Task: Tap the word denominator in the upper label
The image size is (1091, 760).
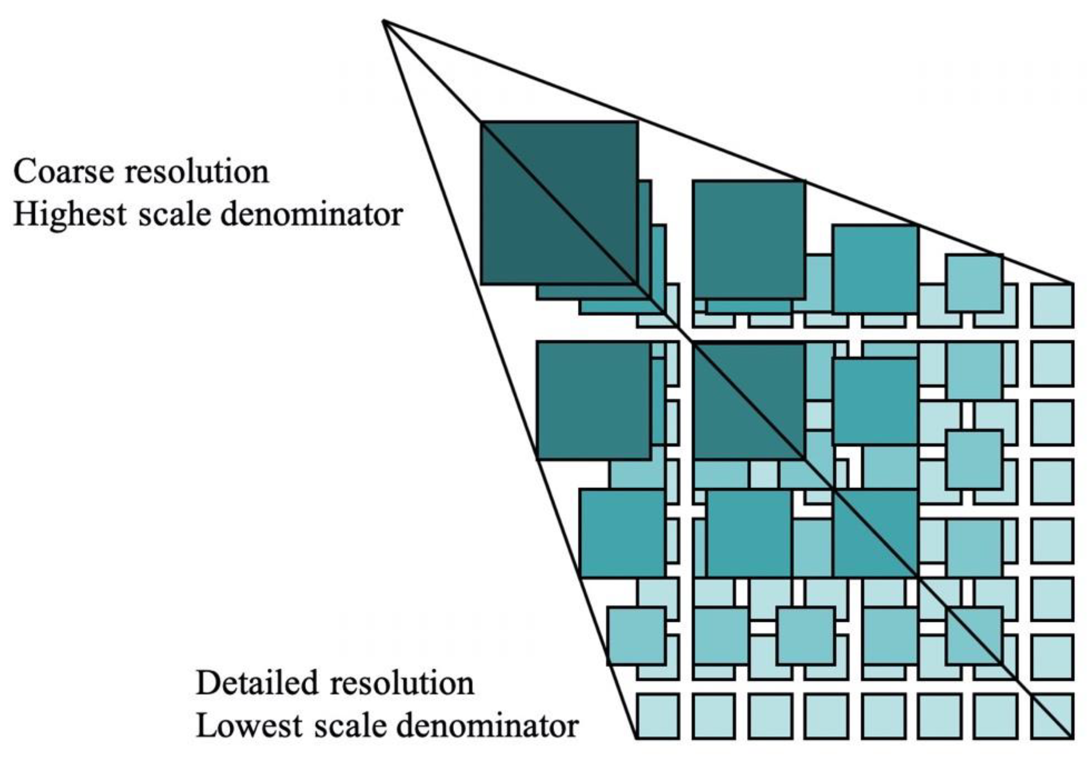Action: (x=312, y=215)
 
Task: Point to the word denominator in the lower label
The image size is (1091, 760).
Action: (x=487, y=726)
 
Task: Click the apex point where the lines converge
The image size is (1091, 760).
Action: (x=384, y=21)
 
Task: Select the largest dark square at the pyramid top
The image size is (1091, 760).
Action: (x=559, y=203)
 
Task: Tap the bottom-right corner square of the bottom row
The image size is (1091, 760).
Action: (x=1052, y=715)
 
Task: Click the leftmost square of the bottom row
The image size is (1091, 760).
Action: (x=658, y=715)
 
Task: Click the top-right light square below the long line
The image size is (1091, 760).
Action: (x=1052, y=305)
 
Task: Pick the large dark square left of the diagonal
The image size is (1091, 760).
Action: (x=593, y=401)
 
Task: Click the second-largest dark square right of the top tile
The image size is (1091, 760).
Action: (x=749, y=240)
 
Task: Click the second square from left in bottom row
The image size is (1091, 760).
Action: (x=714, y=715)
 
